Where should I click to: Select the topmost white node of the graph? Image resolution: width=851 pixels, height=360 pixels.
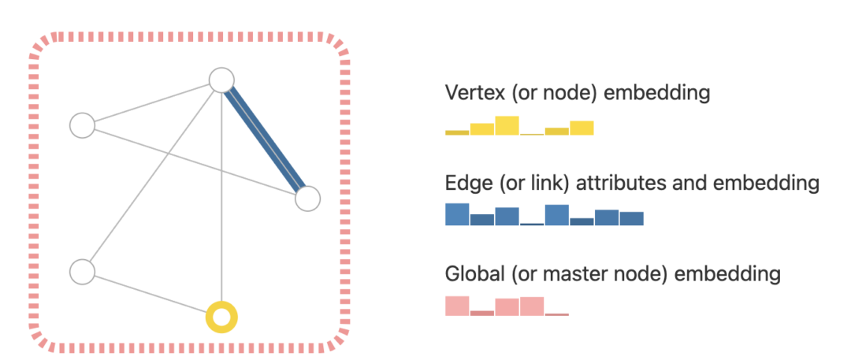click(221, 80)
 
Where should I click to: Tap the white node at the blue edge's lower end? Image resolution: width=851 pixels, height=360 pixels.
click(308, 199)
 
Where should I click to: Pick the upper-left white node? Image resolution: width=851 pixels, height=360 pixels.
click(82, 125)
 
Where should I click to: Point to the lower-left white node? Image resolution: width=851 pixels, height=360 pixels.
click(82, 272)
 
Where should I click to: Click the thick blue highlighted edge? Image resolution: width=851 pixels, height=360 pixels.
click(265, 139)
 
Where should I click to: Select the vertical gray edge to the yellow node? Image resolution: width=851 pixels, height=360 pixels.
click(221, 197)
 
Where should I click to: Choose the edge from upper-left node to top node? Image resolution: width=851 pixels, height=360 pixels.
click(150, 103)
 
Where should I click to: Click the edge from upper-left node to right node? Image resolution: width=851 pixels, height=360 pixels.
click(193, 161)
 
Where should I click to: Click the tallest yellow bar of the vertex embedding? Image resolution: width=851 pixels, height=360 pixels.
click(507, 125)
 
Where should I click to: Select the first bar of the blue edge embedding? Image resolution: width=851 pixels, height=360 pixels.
click(457, 214)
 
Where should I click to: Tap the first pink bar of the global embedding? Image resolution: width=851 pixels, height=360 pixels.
click(457, 306)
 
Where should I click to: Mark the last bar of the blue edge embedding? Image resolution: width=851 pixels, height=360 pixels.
click(631, 218)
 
